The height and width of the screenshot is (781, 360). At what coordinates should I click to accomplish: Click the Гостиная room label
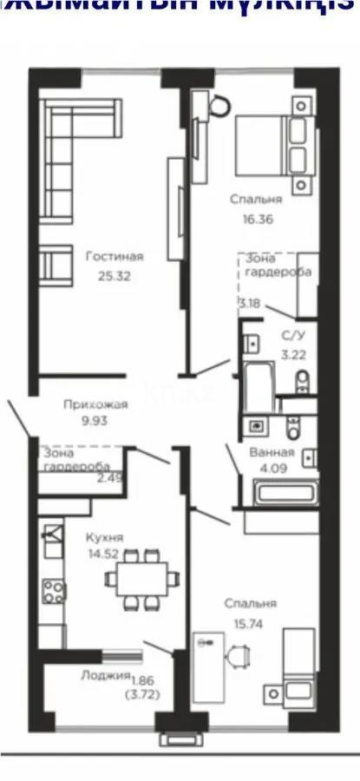coord(115,256)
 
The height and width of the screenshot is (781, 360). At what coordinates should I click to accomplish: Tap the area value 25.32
coord(115,279)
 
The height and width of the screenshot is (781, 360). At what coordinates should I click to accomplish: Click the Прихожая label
coord(95,404)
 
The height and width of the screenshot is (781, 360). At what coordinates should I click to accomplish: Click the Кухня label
coord(99,537)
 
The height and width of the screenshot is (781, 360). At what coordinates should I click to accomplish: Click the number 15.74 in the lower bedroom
coord(250,623)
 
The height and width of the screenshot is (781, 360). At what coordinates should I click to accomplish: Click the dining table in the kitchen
coord(145,577)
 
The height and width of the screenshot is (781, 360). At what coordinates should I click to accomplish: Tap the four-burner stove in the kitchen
coord(54,592)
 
